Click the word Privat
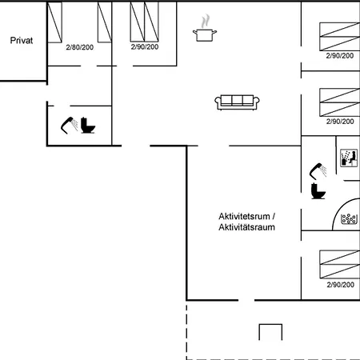click(x=22, y=41)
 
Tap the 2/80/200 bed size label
click(x=80, y=47)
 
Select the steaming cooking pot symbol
click(x=205, y=28)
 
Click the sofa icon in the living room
click(x=237, y=102)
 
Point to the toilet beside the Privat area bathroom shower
click(x=88, y=125)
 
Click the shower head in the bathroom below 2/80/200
click(x=70, y=125)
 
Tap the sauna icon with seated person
click(x=349, y=158)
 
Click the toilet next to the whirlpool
click(x=318, y=191)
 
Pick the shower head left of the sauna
click(x=318, y=171)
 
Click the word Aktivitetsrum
click(x=244, y=216)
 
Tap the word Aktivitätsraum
click(x=246, y=227)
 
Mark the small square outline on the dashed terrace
click(x=270, y=324)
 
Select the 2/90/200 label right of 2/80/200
click(x=145, y=47)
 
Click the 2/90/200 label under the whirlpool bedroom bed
click(x=341, y=285)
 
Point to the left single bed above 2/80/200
click(x=54, y=22)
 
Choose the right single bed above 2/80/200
click(x=105, y=22)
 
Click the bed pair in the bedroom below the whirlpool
click(x=339, y=264)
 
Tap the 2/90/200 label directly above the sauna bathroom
click(x=340, y=122)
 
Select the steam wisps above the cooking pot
click(x=205, y=21)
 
